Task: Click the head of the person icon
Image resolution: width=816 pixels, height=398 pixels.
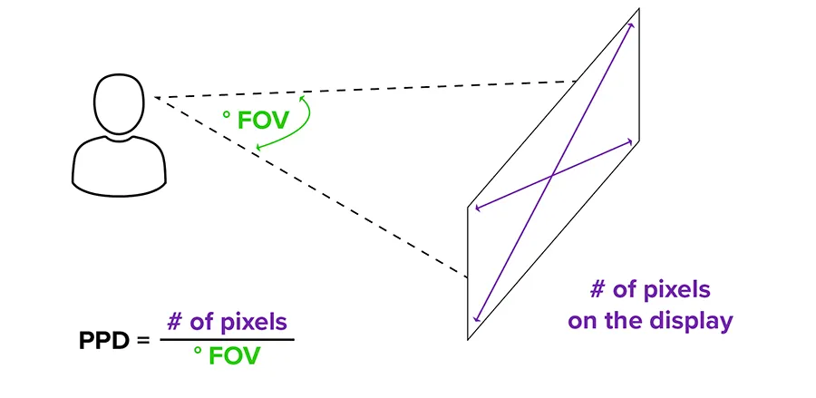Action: (119, 104)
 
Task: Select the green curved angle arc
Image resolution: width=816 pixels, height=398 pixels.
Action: (304, 122)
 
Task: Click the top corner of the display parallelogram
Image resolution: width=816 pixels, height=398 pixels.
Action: (639, 9)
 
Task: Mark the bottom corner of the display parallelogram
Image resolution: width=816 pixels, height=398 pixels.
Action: (468, 340)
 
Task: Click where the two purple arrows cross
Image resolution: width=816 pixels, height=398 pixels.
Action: (552, 174)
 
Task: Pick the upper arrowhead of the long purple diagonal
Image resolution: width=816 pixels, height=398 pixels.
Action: (631, 24)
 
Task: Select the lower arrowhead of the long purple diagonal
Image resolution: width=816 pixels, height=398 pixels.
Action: (476, 320)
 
